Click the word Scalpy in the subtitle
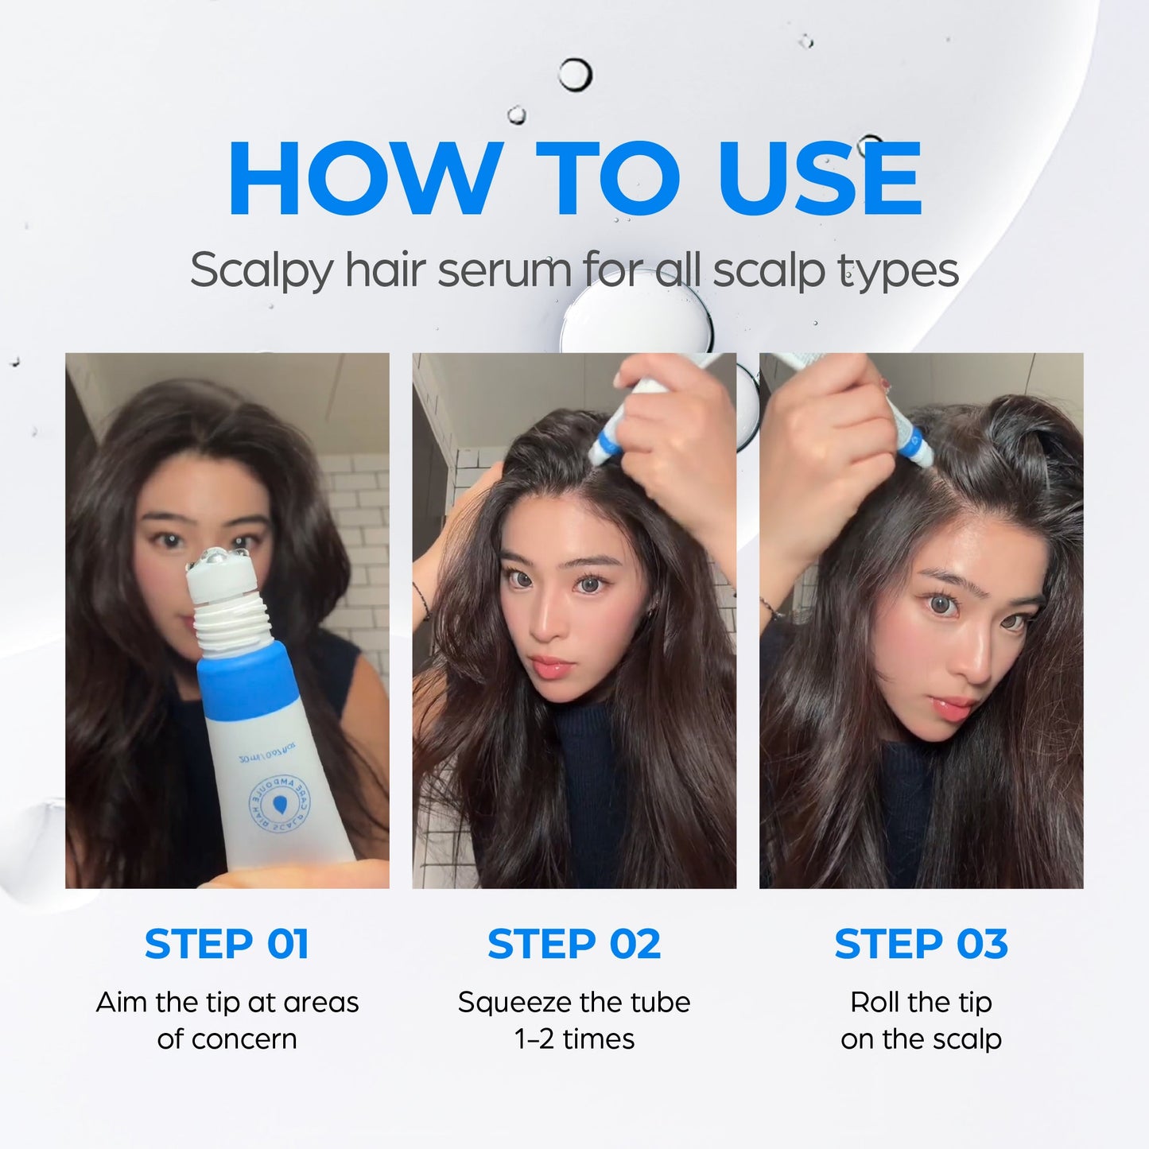pos(261,271)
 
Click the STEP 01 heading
pos(227,945)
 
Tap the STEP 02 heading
pos(573,945)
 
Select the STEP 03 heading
pos(921,945)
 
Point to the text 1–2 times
pos(574,1039)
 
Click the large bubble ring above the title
pos(574,76)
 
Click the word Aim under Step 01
pos(123,1002)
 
